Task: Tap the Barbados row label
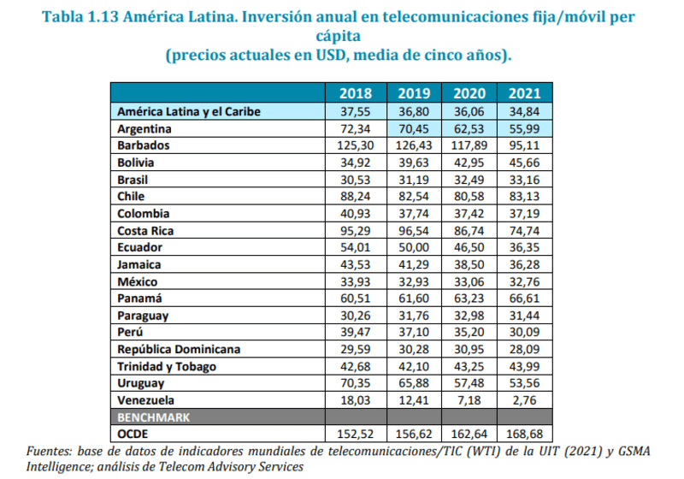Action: pyautogui.click(x=144, y=145)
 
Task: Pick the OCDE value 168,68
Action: pyautogui.click(x=524, y=434)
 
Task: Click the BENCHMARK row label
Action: pyautogui.click(x=154, y=417)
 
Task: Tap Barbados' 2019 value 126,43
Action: pyautogui.click(x=412, y=145)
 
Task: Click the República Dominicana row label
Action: pyautogui.click(x=178, y=349)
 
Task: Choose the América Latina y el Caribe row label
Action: pyautogui.click(x=188, y=111)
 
